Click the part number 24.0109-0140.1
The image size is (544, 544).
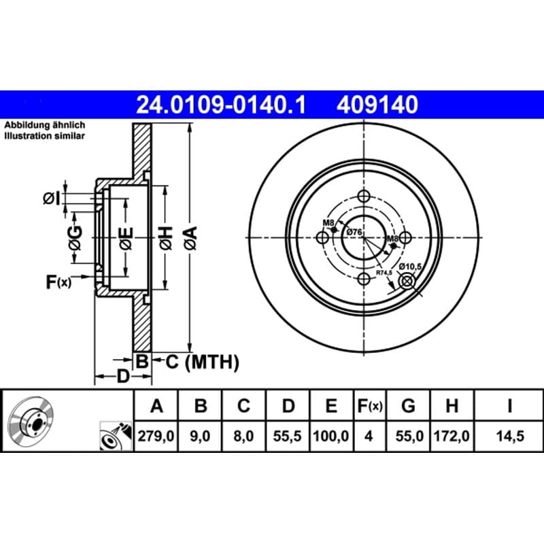221,105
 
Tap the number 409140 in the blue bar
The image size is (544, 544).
377,105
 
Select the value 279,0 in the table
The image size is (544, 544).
156,436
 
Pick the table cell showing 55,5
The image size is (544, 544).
287,436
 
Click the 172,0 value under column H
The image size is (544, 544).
452,436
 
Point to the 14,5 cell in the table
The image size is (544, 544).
509,436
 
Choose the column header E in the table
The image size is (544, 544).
331,405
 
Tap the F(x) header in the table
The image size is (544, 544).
369,406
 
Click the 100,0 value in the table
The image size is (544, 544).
330,436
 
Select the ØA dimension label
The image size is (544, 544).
191,238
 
